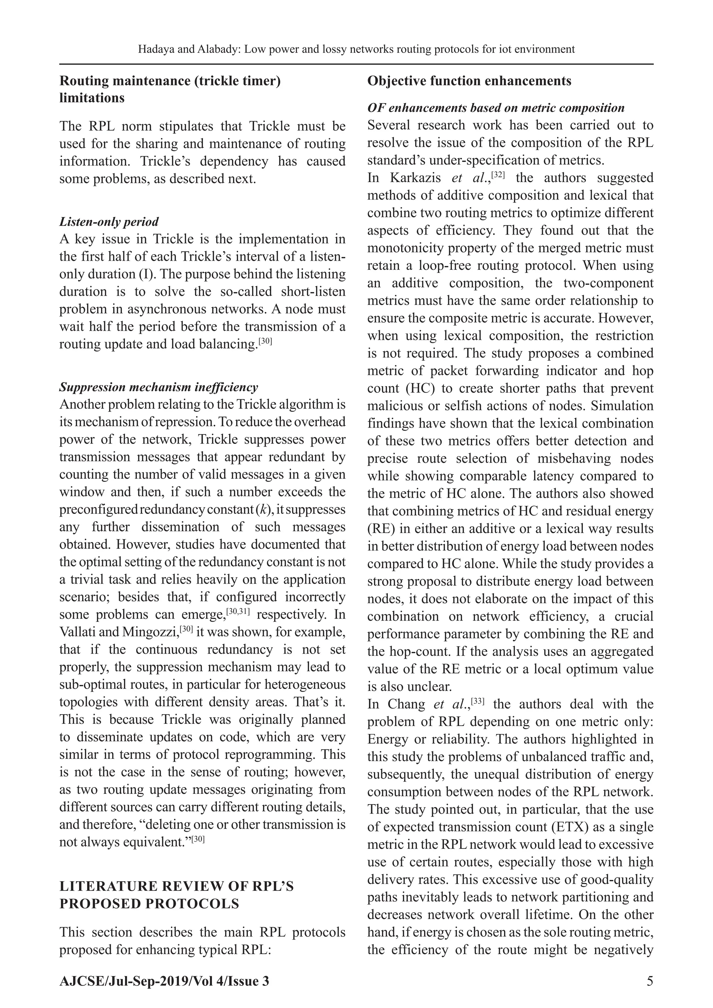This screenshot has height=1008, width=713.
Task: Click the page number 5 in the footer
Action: (650, 981)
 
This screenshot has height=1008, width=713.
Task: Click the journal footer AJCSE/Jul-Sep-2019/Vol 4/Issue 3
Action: (164, 981)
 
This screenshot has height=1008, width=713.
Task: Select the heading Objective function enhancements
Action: (469, 81)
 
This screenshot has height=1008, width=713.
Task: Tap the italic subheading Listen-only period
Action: (109, 222)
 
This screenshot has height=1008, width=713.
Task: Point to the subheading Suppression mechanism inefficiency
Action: (158, 387)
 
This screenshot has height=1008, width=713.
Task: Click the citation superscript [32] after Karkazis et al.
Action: (498, 175)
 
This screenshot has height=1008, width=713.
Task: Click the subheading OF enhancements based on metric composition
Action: (496, 108)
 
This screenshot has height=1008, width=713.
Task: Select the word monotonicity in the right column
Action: (408, 248)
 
